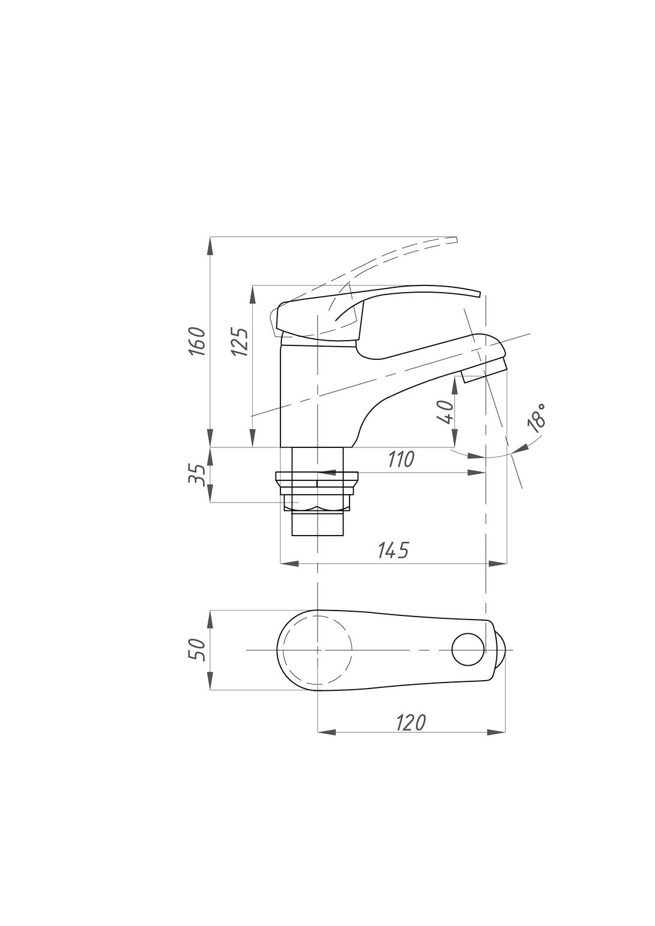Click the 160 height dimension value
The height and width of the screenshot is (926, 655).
tap(197, 341)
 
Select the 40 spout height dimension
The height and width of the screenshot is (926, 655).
tap(445, 412)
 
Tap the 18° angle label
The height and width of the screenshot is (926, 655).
tap(537, 419)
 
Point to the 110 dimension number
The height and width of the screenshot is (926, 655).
tap(401, 459)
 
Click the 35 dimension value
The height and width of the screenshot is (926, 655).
tap(197, 474)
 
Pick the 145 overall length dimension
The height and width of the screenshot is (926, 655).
tap(393, 550)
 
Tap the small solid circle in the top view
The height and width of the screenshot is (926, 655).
tap(468, 650)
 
